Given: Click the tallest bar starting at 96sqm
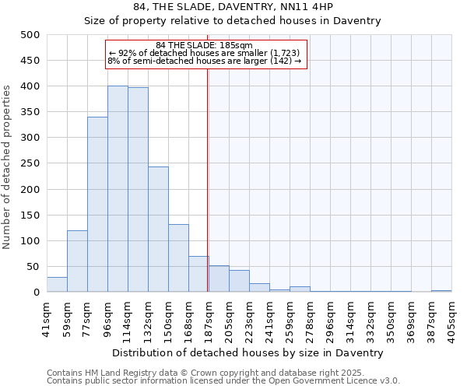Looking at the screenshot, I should point(118,189).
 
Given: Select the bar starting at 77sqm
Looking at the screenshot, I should point(97,205).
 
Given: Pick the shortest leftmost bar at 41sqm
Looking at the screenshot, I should point(57,285).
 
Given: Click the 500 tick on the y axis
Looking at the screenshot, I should point(30,35).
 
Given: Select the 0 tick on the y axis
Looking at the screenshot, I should point(37,293).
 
